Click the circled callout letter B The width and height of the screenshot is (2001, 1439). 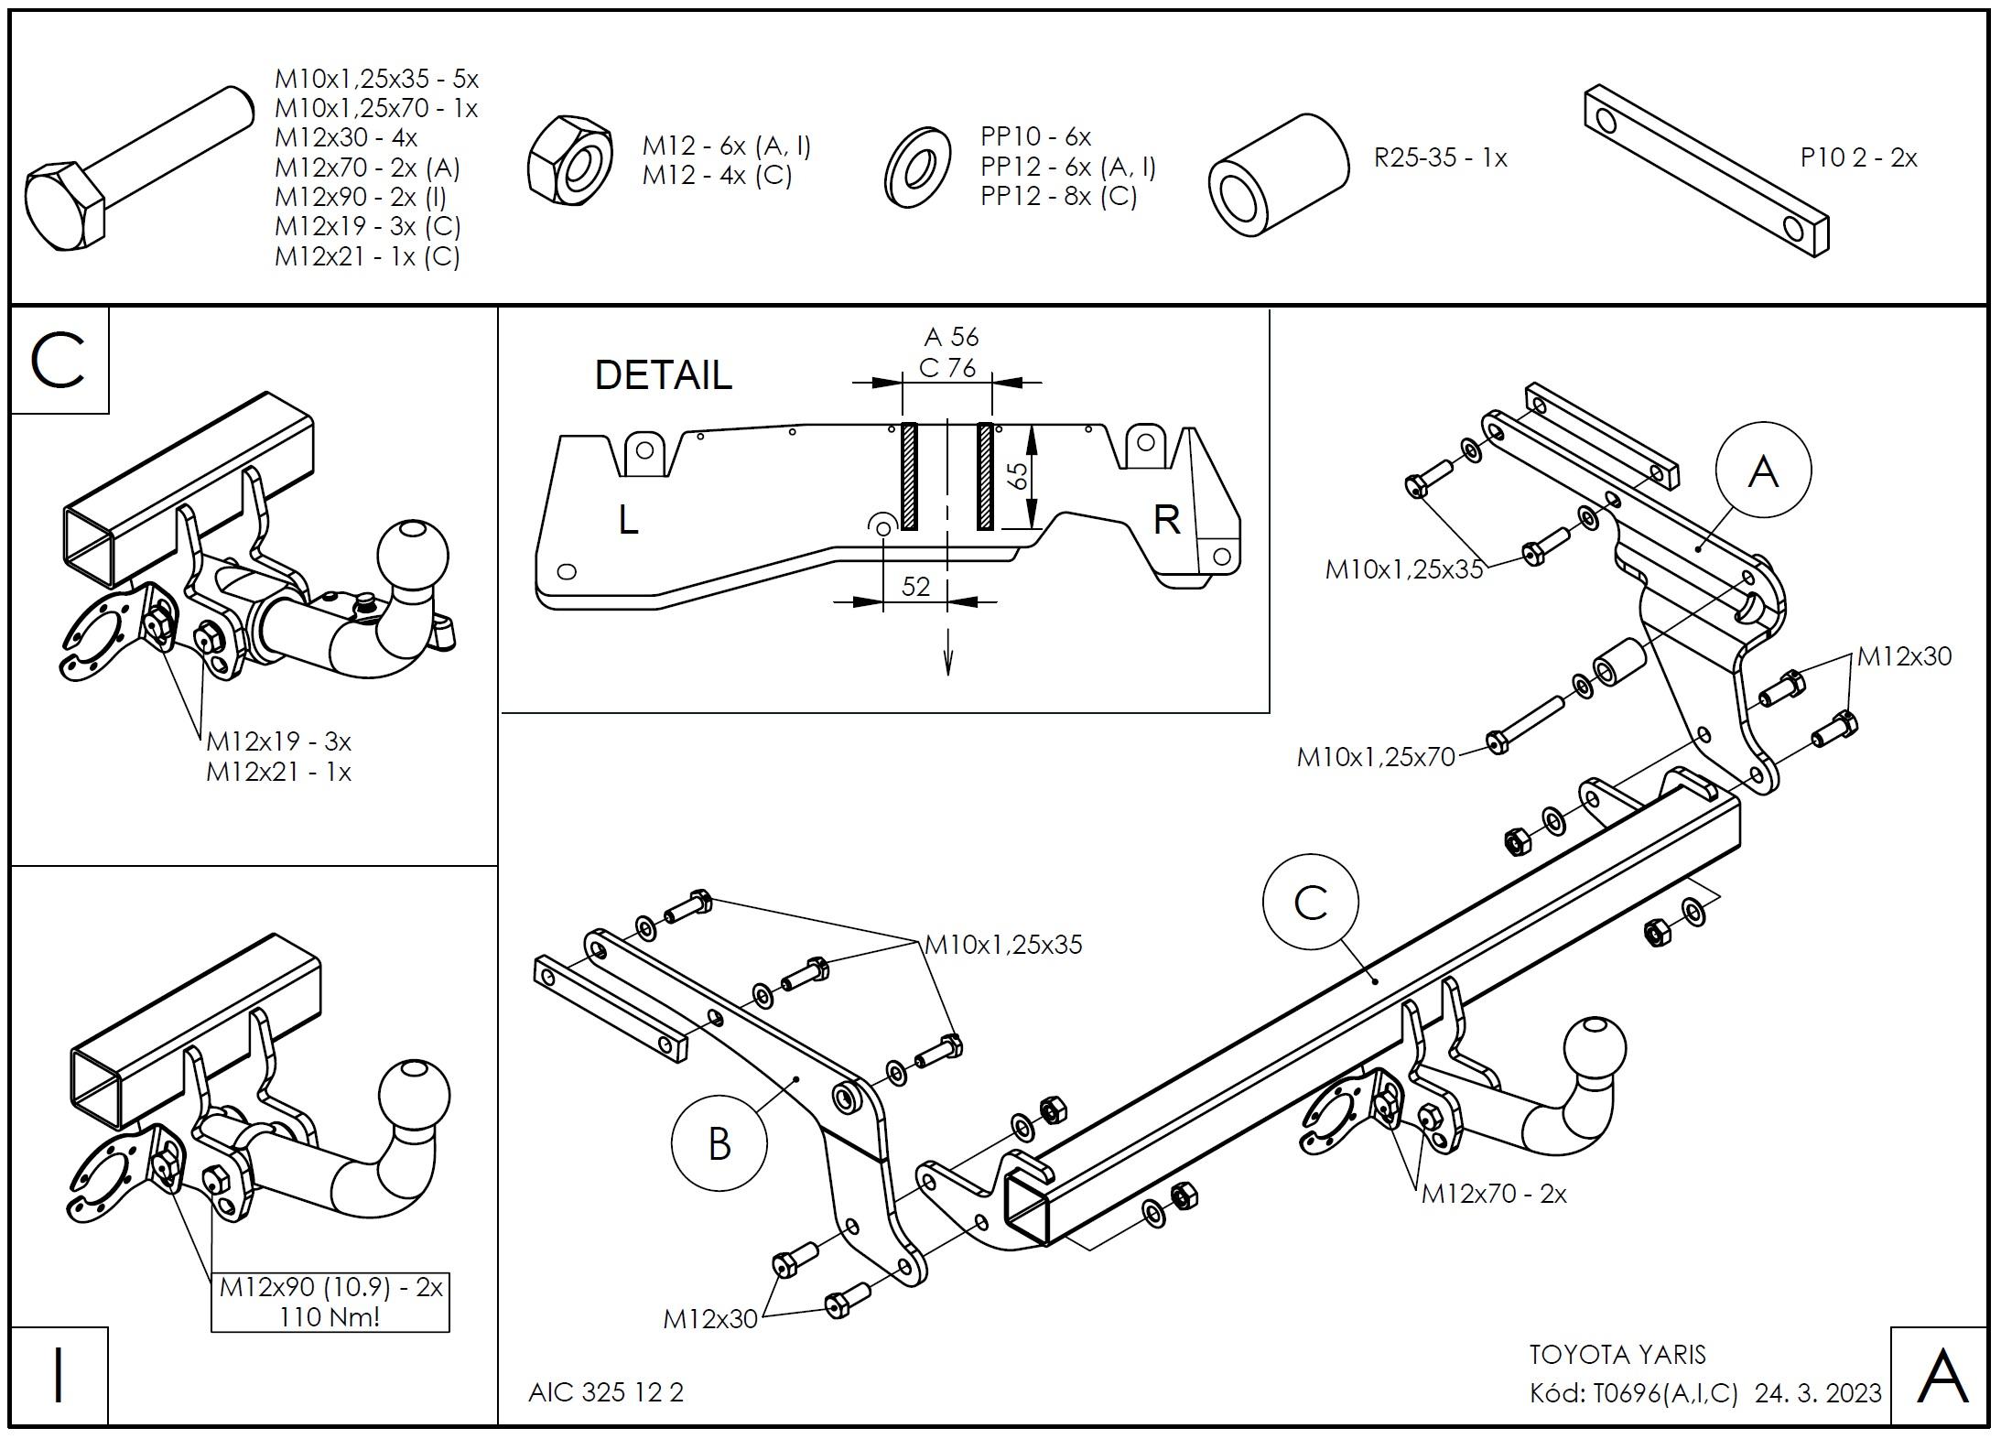[x=719, y=1143]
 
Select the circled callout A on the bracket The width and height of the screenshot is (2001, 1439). [x=1762, y=471]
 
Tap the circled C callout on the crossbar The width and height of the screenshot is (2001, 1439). [x=1310, y=903]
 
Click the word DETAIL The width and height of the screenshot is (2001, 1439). [x=664, y=375]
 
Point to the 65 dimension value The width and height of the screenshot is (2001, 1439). [x=1016, y=477]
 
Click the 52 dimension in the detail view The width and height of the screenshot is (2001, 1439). [x=915, y=586]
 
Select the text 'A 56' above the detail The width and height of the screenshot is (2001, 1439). [x=950, y=337]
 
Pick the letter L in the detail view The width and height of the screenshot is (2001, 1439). [x=628, y=521]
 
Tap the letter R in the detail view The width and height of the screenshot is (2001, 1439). [x=1166, y=520]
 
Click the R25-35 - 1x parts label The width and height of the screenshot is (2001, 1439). [x=1440, y=158]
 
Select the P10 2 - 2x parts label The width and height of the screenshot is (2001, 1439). [x=1858, y=158]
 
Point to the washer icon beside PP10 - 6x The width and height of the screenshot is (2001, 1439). [x=918, y=168]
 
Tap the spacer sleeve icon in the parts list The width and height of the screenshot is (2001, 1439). [x=1278, y=176]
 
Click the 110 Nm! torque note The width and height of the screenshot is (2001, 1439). [x=330, y=1316]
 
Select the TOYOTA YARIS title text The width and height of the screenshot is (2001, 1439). [x=1617, y=1355]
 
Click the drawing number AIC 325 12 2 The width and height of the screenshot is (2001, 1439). [x=606, y=1392]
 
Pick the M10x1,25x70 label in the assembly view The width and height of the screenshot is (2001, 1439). [x=1376, y=757]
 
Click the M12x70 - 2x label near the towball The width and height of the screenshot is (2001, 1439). [x=1494, y=1194]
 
